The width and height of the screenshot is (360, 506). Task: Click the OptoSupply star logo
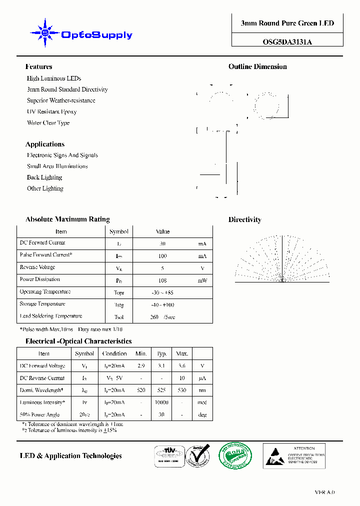(45, 33)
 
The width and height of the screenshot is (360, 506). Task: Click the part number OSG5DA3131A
(287, 42)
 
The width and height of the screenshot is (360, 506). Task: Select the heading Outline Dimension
(257, 66)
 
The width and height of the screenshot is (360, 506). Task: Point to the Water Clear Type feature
(48, 122)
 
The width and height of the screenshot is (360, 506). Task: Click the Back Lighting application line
(44, 177)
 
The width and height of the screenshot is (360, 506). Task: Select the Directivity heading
(244, 219)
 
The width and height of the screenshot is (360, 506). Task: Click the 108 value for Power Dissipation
(162, 280)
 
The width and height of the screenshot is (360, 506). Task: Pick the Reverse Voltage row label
(37, 267)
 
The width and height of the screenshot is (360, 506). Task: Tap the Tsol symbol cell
(119, 317)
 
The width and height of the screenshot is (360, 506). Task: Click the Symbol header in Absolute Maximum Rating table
(119, 231)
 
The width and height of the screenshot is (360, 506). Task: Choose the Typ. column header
(162, 353)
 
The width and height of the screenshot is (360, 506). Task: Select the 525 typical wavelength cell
(162, 390)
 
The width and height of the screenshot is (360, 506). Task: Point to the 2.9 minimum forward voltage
(141, 366)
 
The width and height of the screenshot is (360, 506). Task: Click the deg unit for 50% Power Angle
(202, 415)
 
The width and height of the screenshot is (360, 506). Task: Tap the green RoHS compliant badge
(235, 455)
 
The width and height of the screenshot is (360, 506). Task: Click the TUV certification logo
(168, 455)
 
